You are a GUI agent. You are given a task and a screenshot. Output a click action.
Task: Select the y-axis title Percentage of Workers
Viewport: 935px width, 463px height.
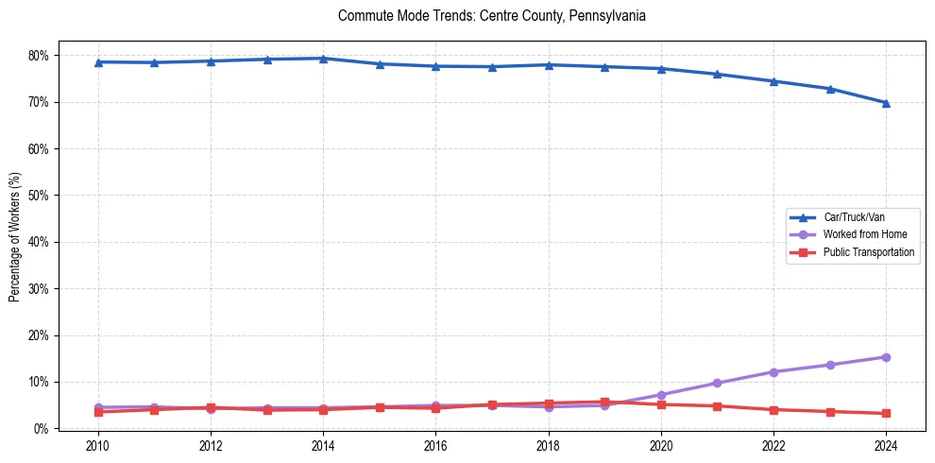14,236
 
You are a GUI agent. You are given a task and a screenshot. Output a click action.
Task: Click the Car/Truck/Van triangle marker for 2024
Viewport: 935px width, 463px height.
886,103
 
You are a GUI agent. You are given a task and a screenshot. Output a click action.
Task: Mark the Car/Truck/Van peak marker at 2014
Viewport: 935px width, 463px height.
323,59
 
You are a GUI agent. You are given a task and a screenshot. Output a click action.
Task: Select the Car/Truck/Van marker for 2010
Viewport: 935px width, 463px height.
98,62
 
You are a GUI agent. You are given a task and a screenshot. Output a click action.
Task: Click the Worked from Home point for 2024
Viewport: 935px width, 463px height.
886,357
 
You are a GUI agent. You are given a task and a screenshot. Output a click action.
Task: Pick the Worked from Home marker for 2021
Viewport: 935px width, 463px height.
717,383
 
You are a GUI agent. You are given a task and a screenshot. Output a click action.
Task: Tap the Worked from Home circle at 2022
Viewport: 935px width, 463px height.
773,372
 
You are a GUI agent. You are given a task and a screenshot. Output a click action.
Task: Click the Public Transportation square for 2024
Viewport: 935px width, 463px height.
886,413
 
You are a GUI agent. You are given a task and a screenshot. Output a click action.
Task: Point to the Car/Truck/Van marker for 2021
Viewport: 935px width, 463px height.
717,74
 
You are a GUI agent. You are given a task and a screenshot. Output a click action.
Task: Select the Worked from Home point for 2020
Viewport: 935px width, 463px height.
661,395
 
